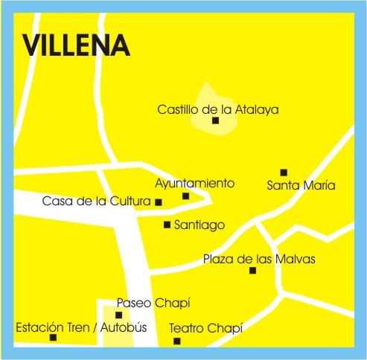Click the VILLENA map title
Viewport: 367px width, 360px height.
77,45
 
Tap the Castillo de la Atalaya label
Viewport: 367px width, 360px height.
217,109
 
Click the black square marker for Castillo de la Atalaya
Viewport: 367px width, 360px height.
215,120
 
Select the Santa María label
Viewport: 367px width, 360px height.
301,185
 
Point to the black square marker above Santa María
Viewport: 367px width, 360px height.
284,173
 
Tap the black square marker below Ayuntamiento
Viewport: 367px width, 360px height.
185,196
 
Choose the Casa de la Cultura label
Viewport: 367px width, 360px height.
97,201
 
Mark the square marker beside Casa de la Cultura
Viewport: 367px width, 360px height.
158,202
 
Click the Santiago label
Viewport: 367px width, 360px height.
199,225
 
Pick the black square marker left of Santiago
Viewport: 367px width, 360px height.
167,225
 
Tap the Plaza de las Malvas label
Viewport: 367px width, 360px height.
259,260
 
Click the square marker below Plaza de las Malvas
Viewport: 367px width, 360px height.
252,270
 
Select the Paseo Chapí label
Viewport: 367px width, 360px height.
153,303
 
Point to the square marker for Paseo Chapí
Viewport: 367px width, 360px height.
118,315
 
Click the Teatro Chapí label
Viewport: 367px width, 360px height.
206,328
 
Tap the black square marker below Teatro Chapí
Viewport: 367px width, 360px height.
176,341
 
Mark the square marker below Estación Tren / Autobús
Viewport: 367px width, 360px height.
53,338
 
